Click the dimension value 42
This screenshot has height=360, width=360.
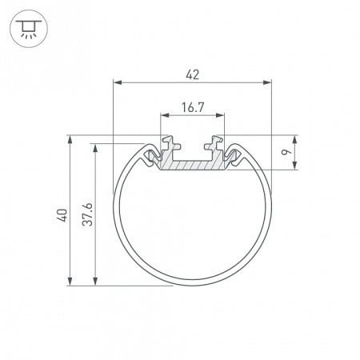coord(192,74)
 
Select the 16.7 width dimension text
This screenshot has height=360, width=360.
coord(192,106)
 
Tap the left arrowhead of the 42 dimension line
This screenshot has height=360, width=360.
coord(117,82)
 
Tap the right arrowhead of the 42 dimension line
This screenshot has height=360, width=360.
coord(267,82)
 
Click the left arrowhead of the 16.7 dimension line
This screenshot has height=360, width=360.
coord(165,114)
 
